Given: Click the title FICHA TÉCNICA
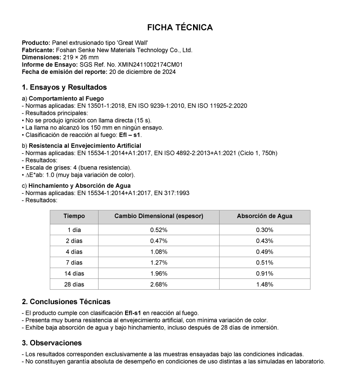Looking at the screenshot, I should (x=180, y=27).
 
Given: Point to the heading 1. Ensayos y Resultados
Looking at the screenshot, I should (x=64, y=87).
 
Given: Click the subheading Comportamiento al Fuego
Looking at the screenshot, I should (x=66, y=98).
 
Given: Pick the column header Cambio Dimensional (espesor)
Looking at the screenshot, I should (x=159, y=216).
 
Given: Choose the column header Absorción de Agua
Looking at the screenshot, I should (x=265, y=216).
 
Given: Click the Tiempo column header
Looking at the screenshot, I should (x=74, y=216).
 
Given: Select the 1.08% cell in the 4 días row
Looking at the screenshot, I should (x=159, y=251).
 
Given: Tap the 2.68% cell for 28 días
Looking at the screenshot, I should (x=159, y=284).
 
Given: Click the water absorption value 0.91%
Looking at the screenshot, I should (x=265, y=273).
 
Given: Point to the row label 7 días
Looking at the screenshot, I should (x=74, y=263).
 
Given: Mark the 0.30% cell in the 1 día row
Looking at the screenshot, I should (x=265, y=230).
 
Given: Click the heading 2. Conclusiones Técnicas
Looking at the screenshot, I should (x=66, y=301).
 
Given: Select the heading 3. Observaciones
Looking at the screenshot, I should (x=52, y=343).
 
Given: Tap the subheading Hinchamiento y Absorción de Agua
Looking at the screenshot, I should (x=80, y=186).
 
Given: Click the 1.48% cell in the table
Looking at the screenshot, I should (x=265, y=284).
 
